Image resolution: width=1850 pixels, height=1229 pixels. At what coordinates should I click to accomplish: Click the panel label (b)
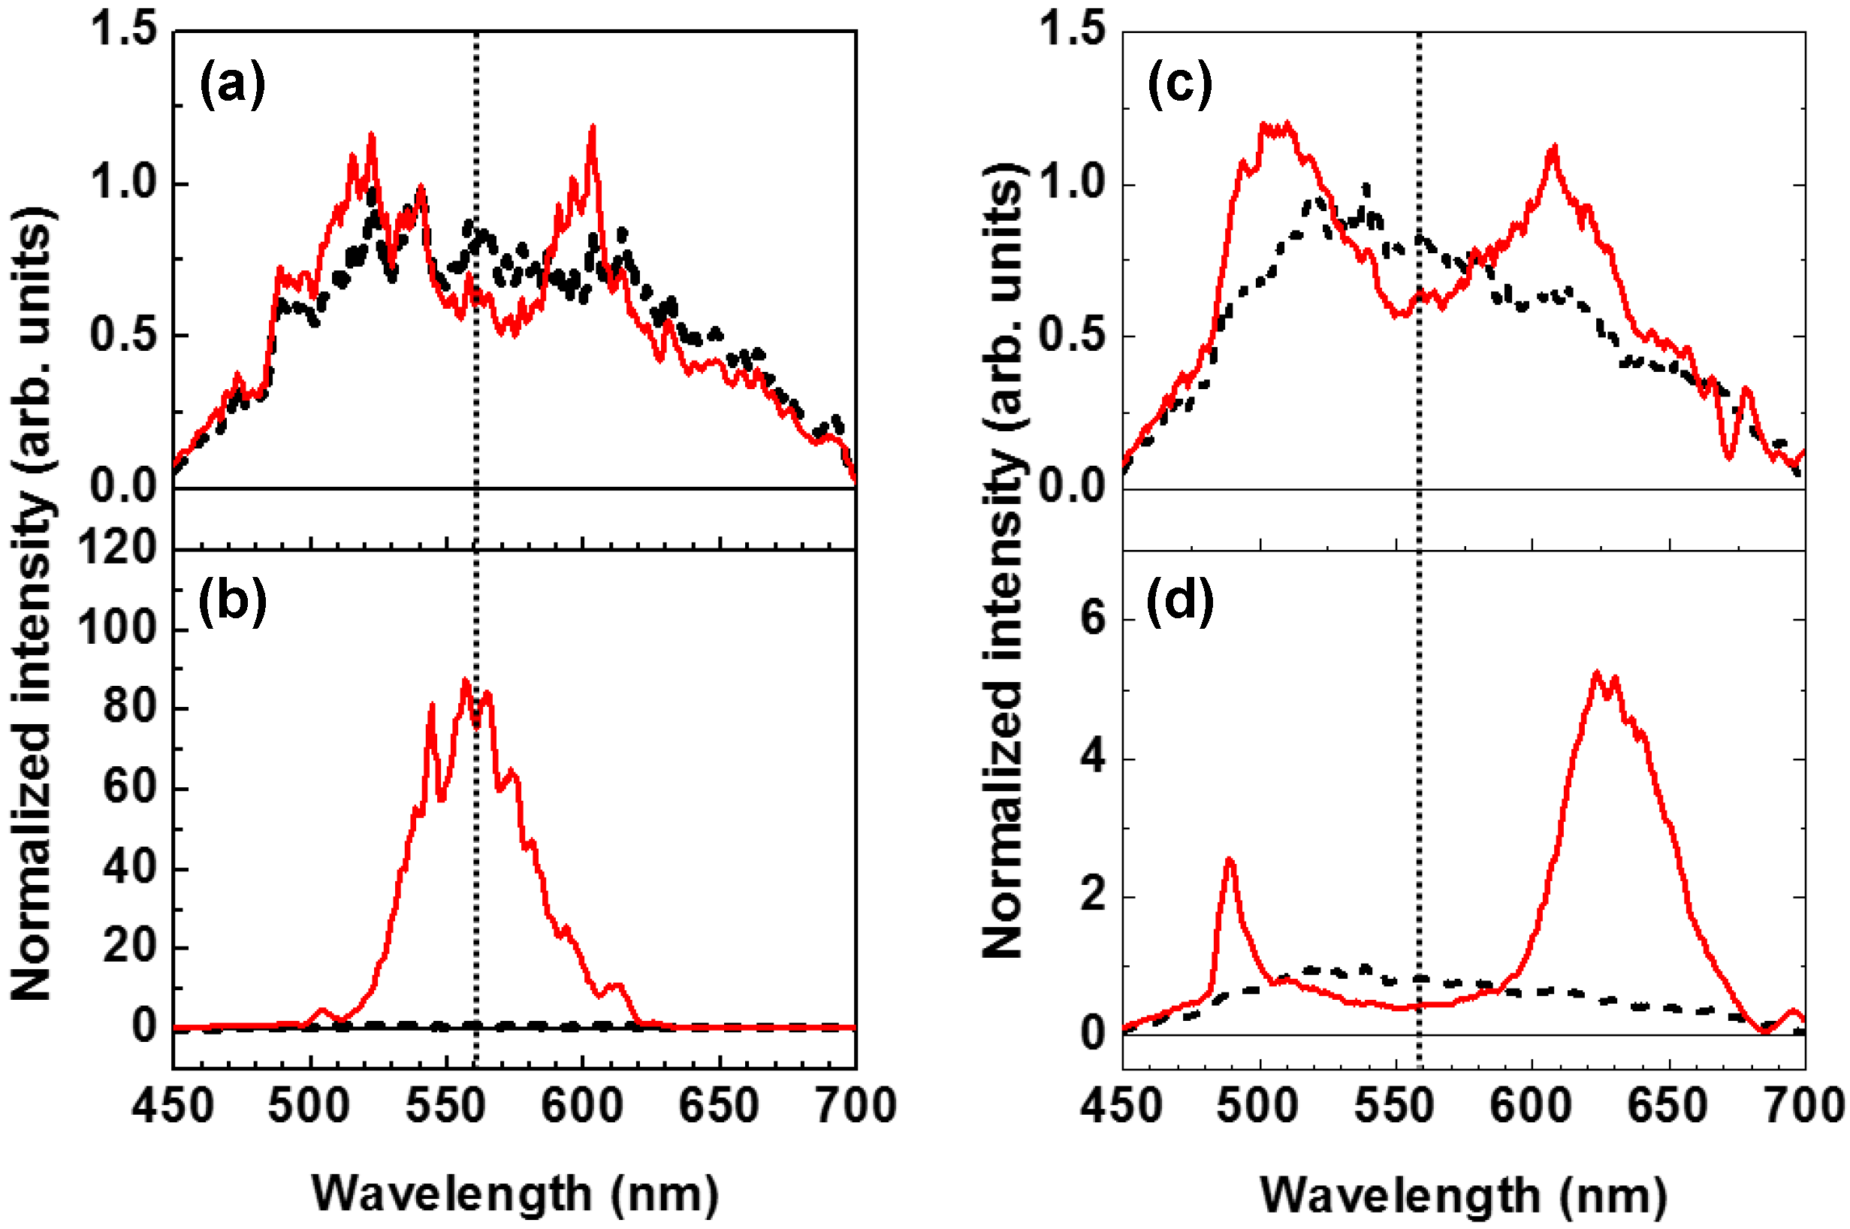point(232,603)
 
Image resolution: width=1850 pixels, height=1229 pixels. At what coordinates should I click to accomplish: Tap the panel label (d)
point(1179,603)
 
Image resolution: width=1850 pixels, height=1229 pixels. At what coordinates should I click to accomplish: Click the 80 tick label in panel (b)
point(130,708)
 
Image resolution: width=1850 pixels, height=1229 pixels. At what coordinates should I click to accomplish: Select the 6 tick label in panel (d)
point(1093,619)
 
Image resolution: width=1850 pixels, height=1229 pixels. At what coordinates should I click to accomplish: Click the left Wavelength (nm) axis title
point(515,1194)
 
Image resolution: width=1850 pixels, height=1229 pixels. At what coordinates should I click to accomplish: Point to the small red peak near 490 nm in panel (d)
point(1229,859)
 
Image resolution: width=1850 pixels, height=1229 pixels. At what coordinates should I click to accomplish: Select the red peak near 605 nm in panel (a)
point(593,127)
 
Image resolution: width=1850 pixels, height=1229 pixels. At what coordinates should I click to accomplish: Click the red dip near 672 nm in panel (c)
point(1728,455)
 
